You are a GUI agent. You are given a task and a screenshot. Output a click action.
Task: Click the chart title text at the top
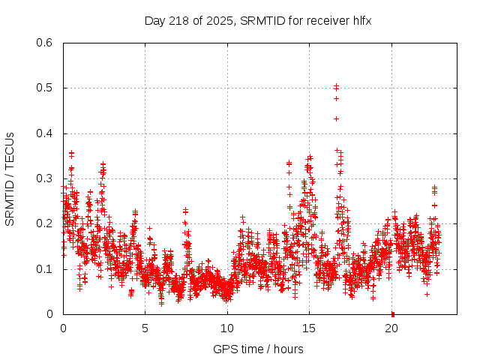tap(258, 20)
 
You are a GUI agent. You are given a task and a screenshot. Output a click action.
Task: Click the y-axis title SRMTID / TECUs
tap(10, 179)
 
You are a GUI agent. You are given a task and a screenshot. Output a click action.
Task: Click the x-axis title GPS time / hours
tap(258, 349)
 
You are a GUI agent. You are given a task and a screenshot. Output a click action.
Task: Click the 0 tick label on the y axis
tap(49, 314)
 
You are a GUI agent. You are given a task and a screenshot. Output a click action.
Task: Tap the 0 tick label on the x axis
tap(63, 328)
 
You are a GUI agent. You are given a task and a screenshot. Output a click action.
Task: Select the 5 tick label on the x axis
tap(145, 328)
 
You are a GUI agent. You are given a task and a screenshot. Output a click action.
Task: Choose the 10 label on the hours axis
tap(227, 328)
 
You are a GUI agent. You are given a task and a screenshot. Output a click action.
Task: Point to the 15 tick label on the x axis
tap(309, 328)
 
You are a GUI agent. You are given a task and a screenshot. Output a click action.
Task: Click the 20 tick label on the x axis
tap(391, 328)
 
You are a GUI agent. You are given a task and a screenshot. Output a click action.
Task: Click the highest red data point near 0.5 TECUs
tap(336, 86)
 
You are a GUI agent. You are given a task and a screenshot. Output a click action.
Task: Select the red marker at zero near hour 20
tap(392, 313)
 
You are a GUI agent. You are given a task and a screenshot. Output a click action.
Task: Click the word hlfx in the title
tap(361, 20)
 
